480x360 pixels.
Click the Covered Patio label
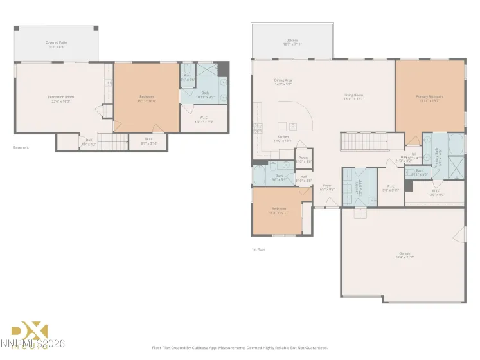(x=57, y=44)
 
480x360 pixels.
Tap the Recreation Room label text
(x=58, y=98)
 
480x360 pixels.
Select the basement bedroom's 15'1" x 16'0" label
(x=146, y=98)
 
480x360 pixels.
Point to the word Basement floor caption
(x=21, y=147)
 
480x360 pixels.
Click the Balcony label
(x=292, y=42)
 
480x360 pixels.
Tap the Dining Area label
(x=283, y=82)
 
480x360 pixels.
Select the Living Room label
(x=353, y=97)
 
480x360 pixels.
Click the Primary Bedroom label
(x=429, y=98)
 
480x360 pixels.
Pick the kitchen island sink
(x=293, y=125)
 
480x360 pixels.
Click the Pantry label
(x=303, y=159)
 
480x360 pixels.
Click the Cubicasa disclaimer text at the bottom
(x=240, y=347)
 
